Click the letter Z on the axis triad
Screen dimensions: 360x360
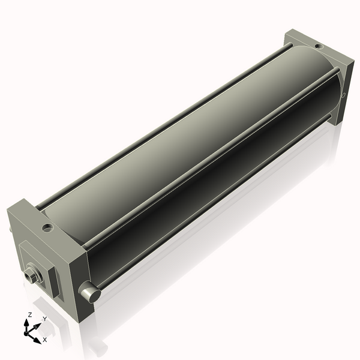click(30, 314)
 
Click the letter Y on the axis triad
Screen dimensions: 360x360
click(44, 319)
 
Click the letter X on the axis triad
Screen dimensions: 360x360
click(45, 340)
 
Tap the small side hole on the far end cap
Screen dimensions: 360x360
click(343, 95)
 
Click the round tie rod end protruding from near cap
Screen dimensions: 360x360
click(89, 292)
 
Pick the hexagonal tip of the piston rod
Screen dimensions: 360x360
click(31, 276)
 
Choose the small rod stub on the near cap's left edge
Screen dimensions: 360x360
click(11, 230)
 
